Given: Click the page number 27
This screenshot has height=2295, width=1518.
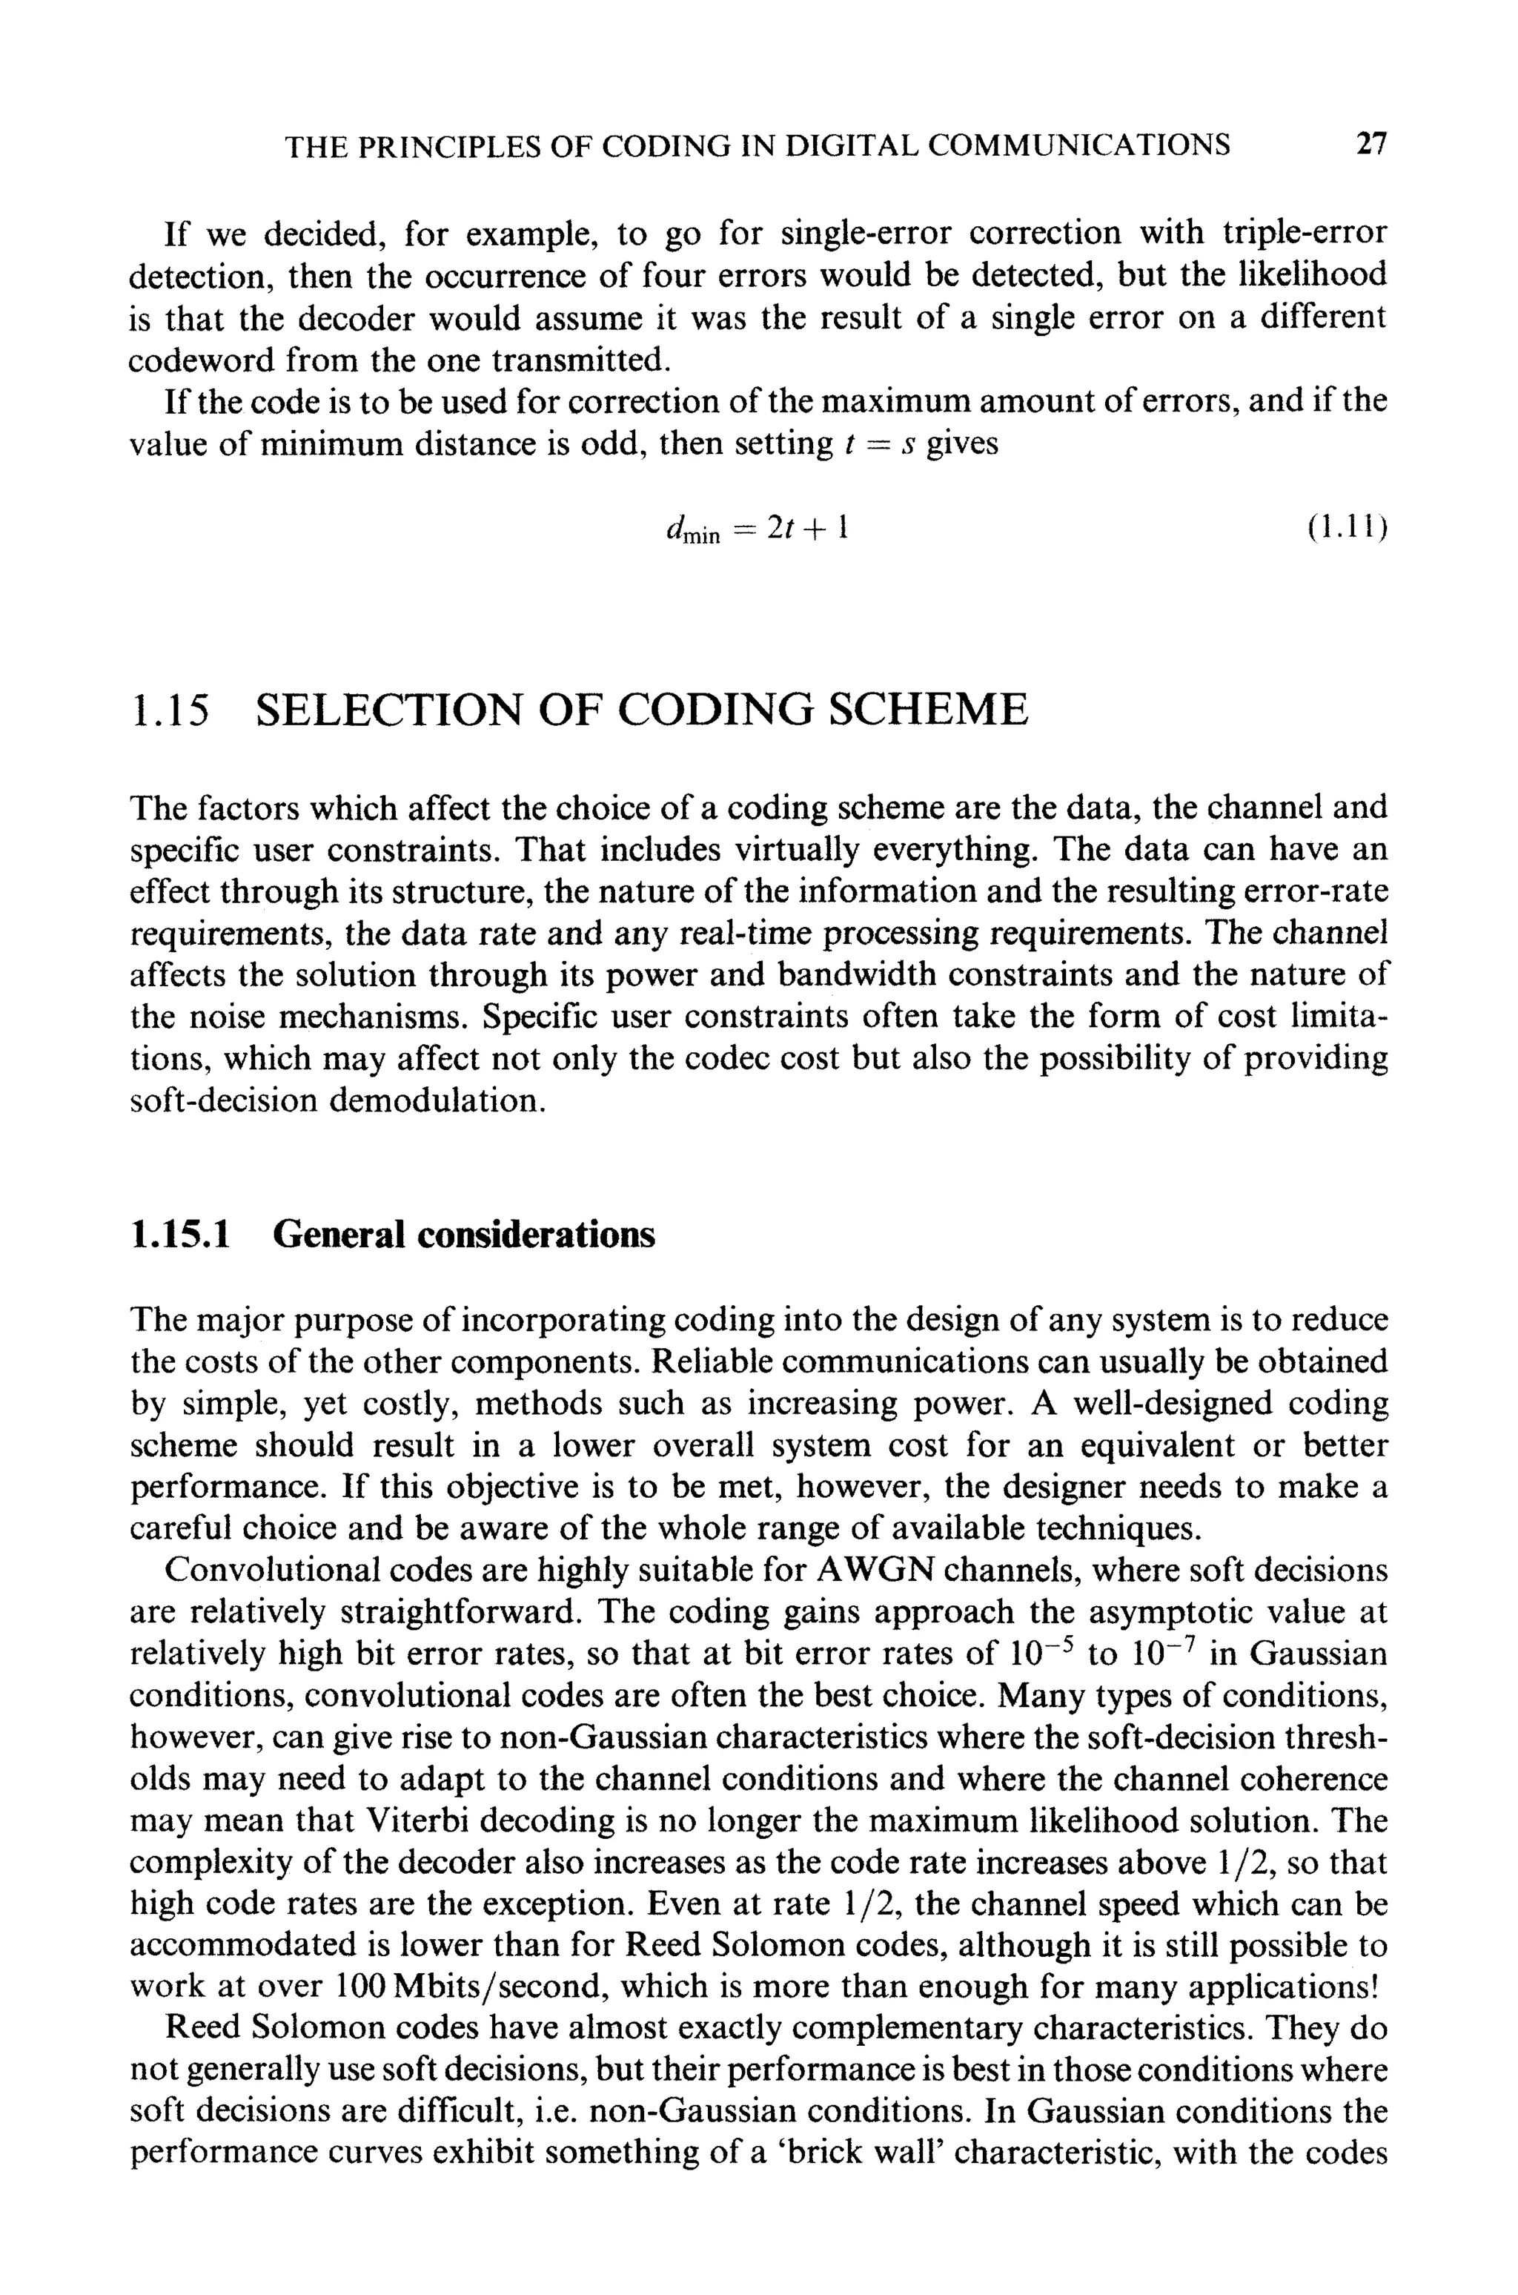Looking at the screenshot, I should coord(1370,145).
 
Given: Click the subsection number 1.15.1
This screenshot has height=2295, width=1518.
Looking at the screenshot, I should coord(181,1235).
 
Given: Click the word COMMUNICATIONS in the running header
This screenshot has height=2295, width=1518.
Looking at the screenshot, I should coord(1079,146).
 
